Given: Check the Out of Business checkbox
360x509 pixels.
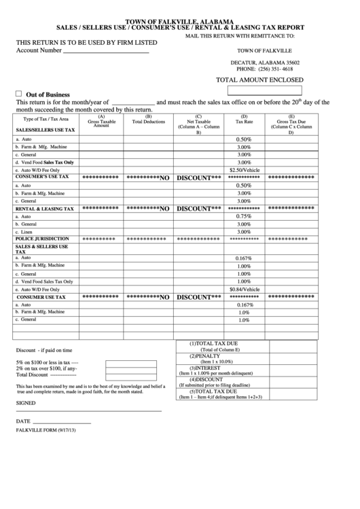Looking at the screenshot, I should (x=18, y=94).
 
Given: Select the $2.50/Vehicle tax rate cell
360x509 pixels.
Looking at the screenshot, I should (x=244, y=170).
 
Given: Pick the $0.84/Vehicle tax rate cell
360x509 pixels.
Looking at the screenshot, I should (x=244, y=289).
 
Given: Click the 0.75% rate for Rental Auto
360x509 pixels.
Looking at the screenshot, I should (x=244, y=216).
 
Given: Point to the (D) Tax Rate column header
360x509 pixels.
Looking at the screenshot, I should (x=244, y=120).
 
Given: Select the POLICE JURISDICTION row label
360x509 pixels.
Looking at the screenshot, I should (x=42, y=239).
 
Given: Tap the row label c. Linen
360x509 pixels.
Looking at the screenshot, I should (x=28, y=232).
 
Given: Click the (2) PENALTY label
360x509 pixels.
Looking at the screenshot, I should (x=206, y=356).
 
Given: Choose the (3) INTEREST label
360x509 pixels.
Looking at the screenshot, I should (x=206, y=368).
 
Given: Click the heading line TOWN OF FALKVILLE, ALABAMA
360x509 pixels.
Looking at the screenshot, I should (x=180, y=22).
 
